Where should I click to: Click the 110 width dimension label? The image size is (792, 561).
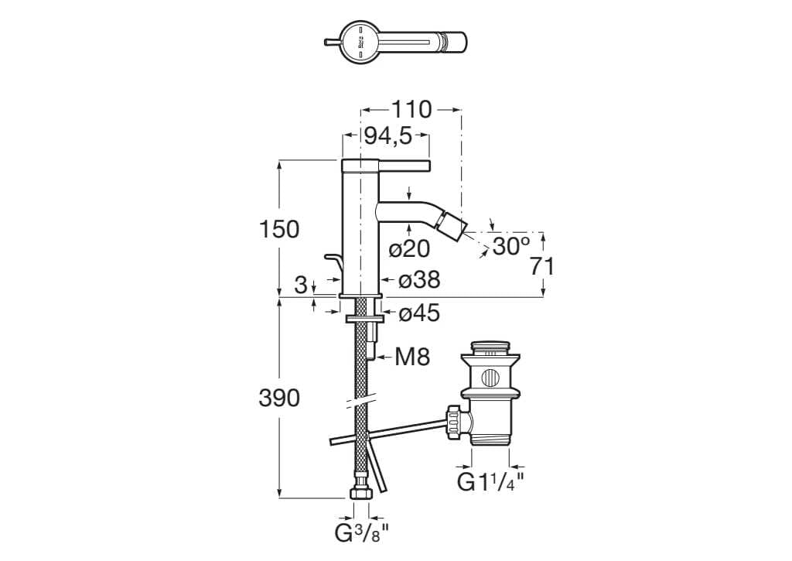(x=411, y=110)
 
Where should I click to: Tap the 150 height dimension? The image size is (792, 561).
(x=278, y=229)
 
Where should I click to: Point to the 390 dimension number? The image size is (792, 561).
(x=278, y=398)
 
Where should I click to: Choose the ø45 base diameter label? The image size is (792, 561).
(x=418, y=313)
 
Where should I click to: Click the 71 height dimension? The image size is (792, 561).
(x=543, y=265)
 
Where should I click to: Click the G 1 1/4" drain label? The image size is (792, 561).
(x=490, y=482)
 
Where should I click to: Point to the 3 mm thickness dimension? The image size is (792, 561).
(x=301, y=284)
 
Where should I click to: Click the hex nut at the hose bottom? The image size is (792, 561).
(x=360, y=493)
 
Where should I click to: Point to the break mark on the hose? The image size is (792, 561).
(x=360, y=402)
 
